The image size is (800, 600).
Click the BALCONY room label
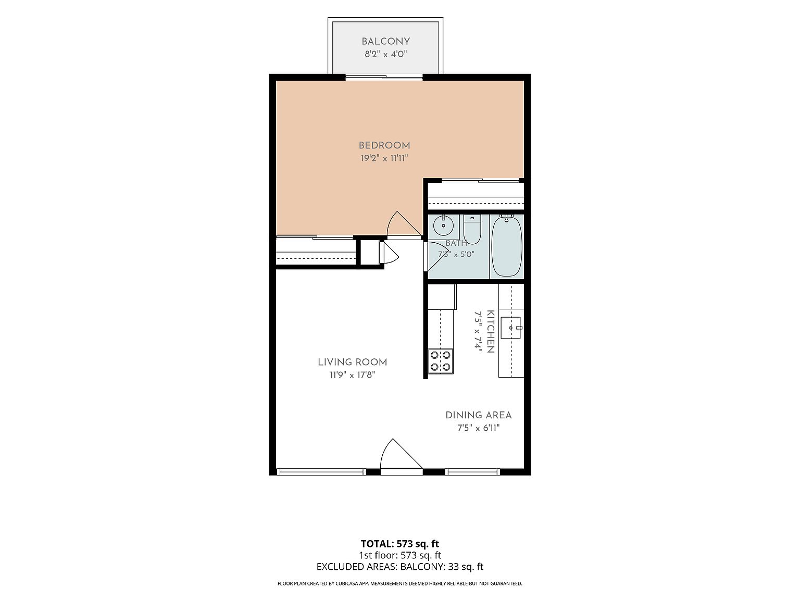[x=385, y=42]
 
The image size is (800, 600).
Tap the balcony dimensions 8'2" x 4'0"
[x=385, y=54]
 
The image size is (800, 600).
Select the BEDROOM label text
[x=384, y=145]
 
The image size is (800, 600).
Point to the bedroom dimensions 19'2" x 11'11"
[x=384, y=158]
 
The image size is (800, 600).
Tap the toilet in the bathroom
[x=472, y=229]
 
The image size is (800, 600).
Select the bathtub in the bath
[x=507, y=246]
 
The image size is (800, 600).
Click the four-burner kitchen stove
[x=441, y=361]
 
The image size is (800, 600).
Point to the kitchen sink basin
[x=511, y=328]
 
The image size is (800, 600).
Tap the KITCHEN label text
[x=491, y=332]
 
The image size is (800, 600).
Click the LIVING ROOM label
[x=353, y=362]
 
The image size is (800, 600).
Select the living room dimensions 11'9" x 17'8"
[x=353, y=375]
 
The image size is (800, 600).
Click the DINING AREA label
[x=479, y=415]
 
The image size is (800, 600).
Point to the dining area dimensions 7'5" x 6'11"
[x=479, y=428]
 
